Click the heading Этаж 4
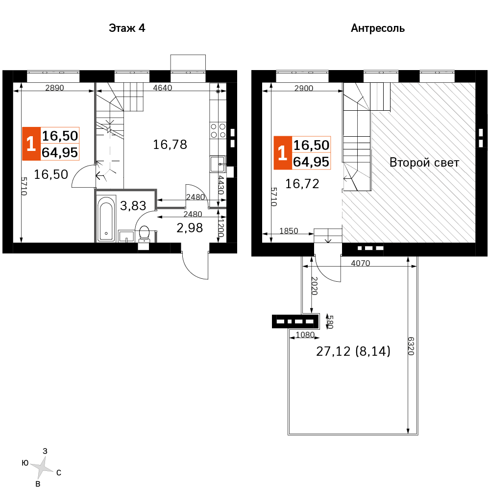pos(127,28)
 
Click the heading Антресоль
pos(377,28)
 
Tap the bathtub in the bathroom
pos(106,219)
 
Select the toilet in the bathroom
pos(144,233)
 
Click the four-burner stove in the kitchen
pos(218,131)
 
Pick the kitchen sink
pos(218,164)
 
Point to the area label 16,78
pos(170,145)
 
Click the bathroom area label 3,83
pos(133,206)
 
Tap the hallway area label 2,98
pos(190,228)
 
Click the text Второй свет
pos(424,163)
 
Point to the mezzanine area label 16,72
pos(302,184)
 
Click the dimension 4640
pos(163,88)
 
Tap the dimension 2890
pos(54,88)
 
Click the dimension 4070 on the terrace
pos(360,263)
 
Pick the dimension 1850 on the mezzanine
pos(289,231)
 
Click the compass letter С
pos(59,473)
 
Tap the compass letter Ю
pos(25,463)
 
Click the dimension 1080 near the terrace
pos(305,335)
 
